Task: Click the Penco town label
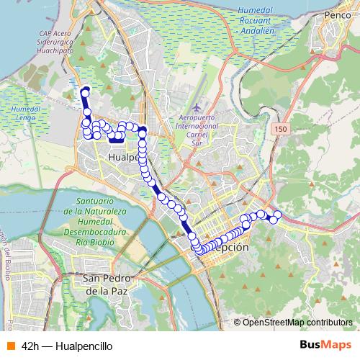point(337,14)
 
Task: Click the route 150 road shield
point(280,127)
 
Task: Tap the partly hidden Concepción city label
point(229,247)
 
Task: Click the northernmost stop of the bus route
point(85,91)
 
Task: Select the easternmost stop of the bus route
point(278,214)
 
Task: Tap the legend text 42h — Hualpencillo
point(66,346)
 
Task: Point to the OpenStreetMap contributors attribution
point(297,322)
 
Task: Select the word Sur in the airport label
point(196,143)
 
